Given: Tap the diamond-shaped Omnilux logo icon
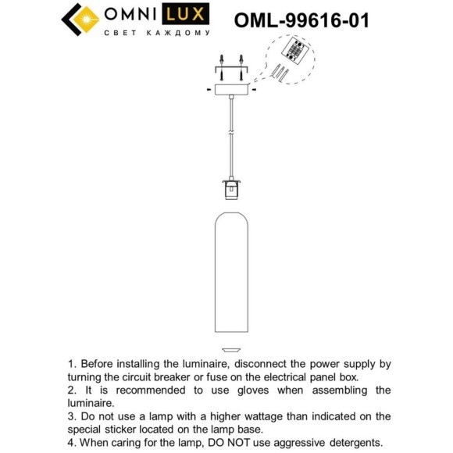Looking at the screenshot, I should pos(80,20).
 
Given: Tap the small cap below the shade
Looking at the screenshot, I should pos(230,348).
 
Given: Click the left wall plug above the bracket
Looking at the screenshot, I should pos(222,60).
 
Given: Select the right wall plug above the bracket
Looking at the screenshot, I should pos(241,60).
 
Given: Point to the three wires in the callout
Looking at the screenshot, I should pos(281,73).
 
